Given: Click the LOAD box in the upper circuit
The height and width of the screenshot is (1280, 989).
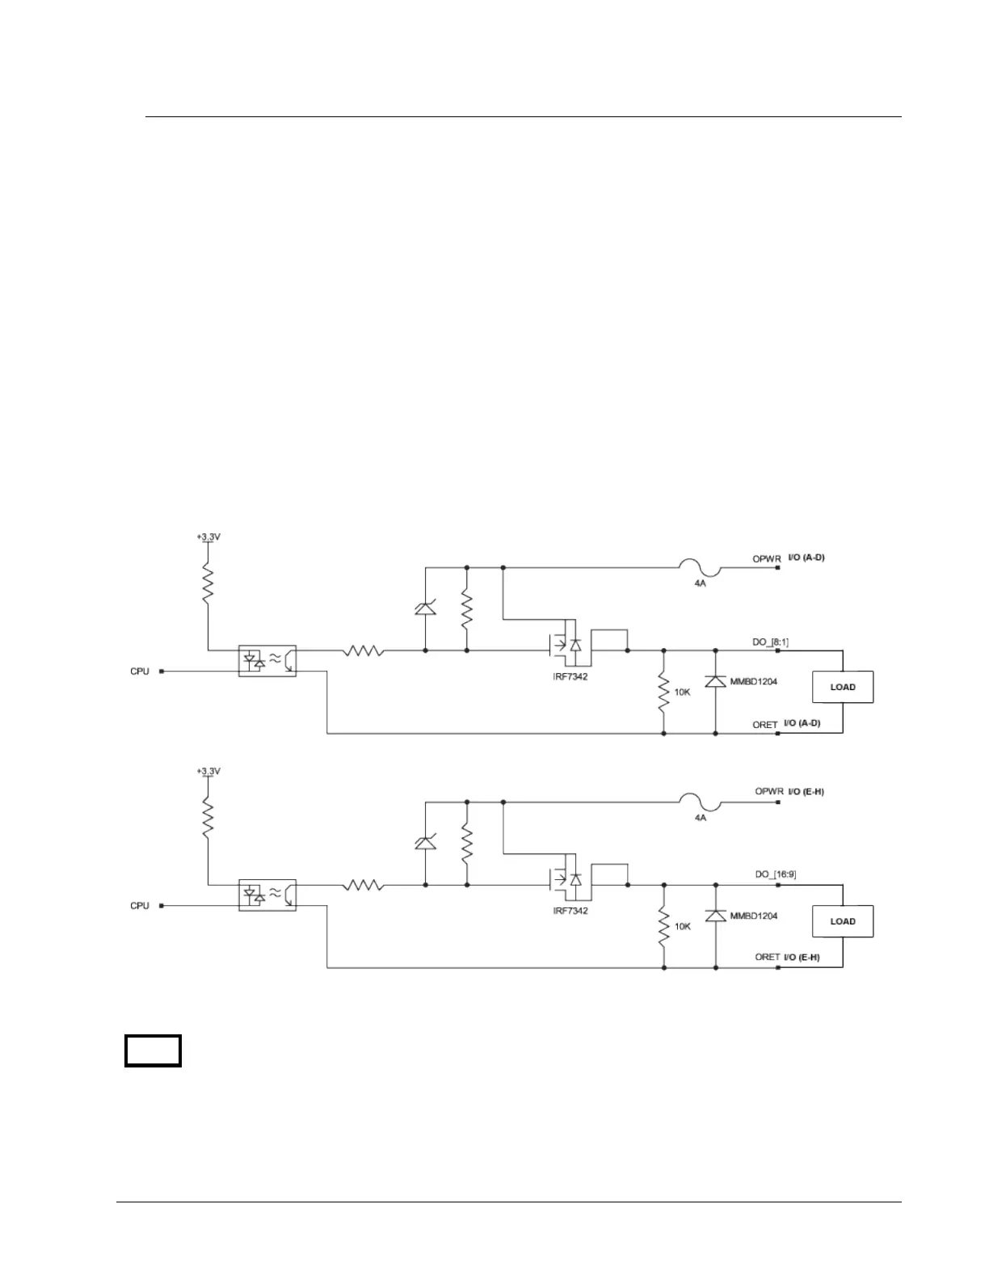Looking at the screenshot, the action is pos(843,687).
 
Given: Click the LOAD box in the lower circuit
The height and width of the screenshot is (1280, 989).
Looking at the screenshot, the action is pos(843,921).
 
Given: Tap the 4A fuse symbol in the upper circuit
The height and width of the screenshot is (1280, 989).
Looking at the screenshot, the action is pos(700,569).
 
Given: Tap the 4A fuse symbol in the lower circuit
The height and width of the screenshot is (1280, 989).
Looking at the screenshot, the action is pos(700,803).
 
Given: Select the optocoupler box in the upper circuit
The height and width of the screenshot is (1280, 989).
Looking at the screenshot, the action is pos(267,661).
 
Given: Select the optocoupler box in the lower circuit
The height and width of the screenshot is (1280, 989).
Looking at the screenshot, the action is pos(267,895).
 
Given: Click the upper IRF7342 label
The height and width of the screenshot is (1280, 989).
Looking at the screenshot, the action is pos(570,676).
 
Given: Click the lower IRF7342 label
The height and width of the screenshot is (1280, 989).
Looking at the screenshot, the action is pos(570,911).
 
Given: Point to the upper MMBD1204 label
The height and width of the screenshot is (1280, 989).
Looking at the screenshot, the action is pos(753,682).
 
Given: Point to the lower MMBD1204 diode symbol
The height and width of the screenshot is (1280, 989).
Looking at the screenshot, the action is pos(715,916).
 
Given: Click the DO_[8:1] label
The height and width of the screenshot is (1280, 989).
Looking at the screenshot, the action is pos(771,642).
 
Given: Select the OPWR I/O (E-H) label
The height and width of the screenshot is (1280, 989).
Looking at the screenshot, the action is pos(789,791).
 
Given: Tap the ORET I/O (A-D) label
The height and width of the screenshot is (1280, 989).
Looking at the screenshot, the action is pos(786,724).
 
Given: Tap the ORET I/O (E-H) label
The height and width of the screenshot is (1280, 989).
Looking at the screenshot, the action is pos(787,958).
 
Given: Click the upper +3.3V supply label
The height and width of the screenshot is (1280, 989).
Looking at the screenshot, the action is pos(208,537).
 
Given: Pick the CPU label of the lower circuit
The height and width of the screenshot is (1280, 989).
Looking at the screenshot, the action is pos(140,906).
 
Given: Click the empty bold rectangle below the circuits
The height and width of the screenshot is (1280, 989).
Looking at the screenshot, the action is pos(153,1051).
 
